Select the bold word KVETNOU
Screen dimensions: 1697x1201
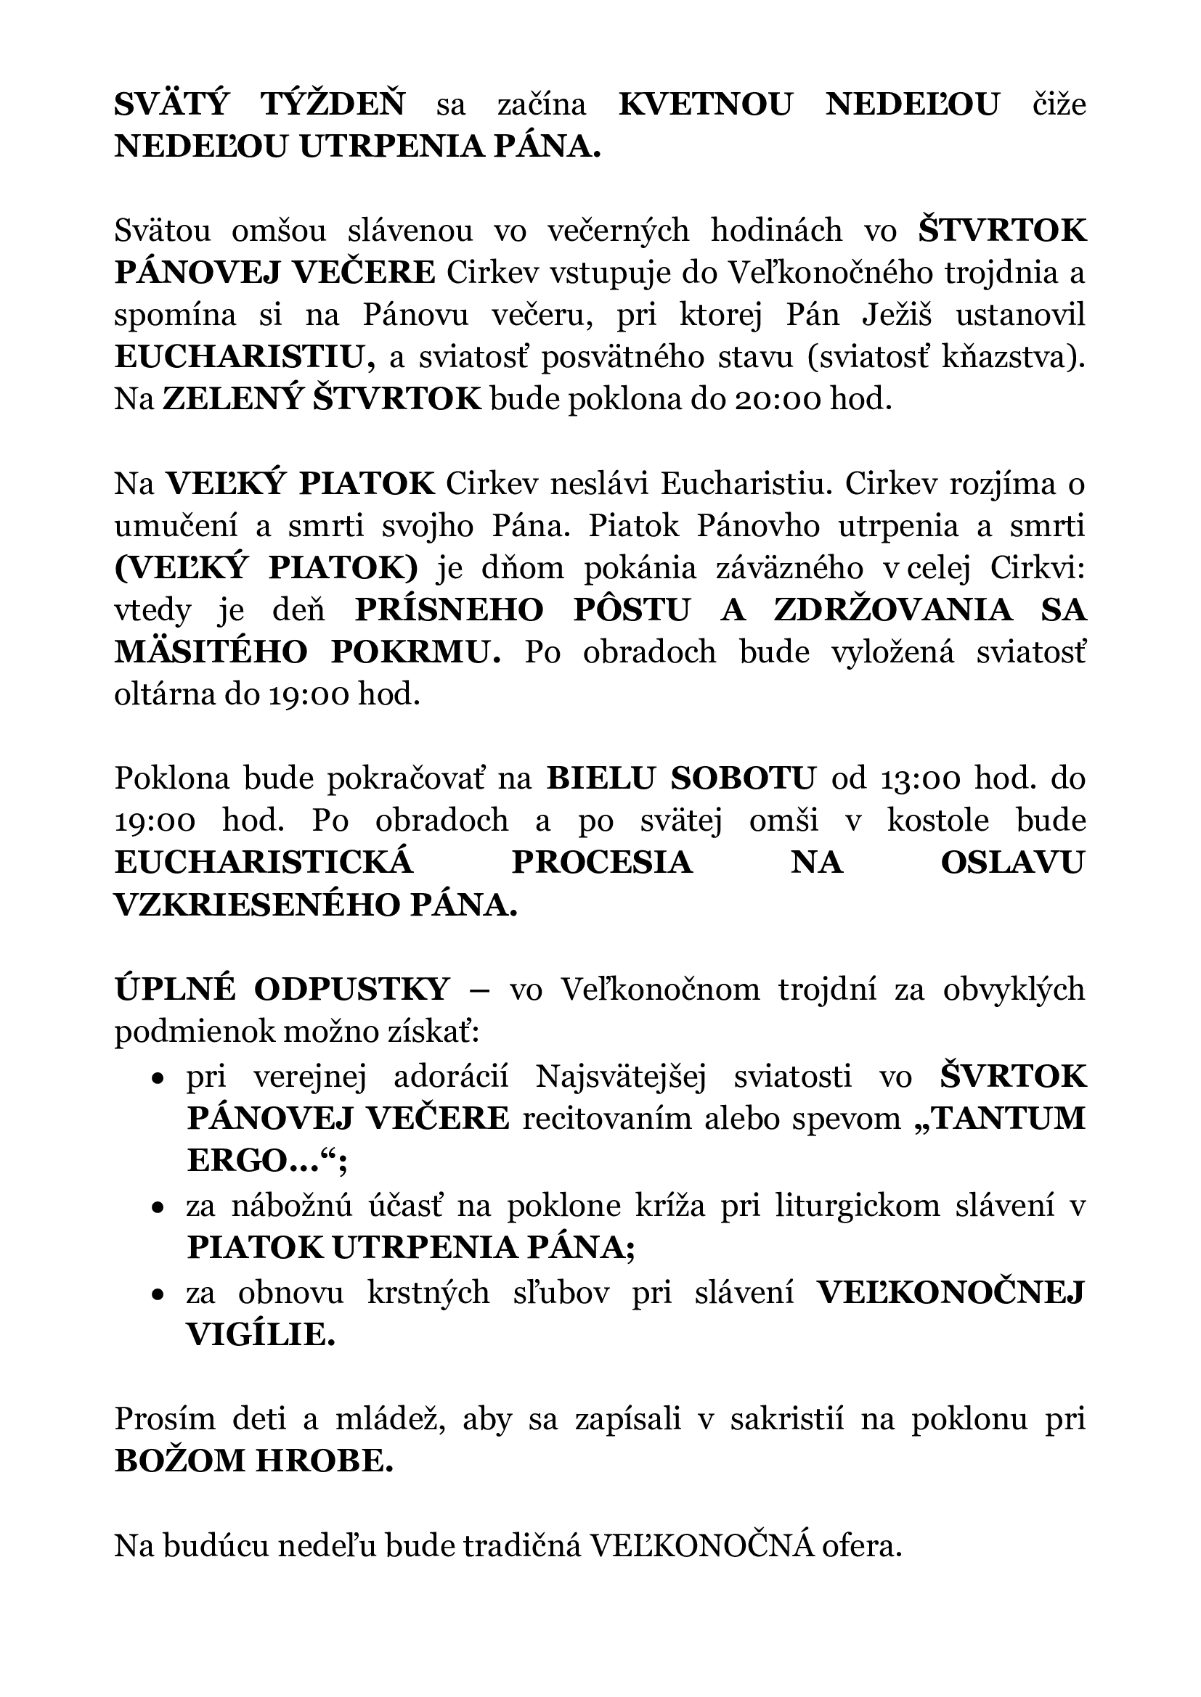click(x=704, y=105)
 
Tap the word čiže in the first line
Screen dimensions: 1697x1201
click(x=1059, y=105)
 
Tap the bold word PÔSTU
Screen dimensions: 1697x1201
click(x=632, y=611)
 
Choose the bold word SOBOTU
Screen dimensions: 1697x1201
click(x=744, y=779)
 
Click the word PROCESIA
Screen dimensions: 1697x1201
click(x=602, y=863)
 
